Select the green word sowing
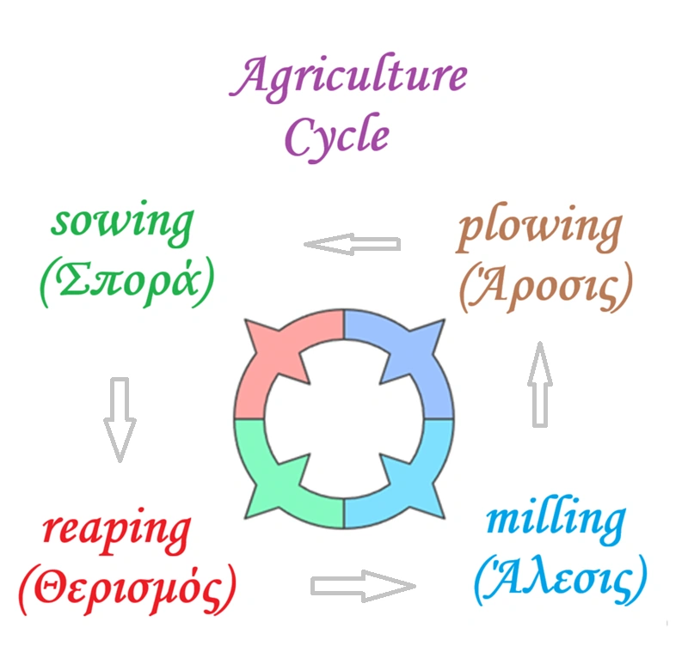pyautogui.click(x=123, y=226)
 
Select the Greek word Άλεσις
pyautogui.click(x=559, y=582)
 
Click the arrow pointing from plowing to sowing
pyautogui.click(x=353, y=245)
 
